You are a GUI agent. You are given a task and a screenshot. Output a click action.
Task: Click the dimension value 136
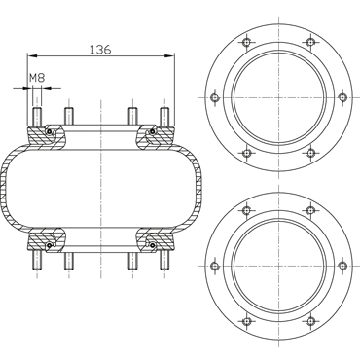(x=100, y=50)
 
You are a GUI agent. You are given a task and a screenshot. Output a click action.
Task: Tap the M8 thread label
(x=37, y=78)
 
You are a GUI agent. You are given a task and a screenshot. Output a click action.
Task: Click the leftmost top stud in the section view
(x=36, y=117)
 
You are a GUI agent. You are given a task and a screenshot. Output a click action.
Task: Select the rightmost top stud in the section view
(x=164, y=117)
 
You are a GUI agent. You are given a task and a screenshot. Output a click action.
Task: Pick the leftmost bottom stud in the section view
(x=36, y=261)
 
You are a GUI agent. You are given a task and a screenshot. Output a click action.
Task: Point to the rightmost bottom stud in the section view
(x=164, y=261)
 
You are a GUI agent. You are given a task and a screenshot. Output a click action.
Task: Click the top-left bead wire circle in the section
(x=50, y=131)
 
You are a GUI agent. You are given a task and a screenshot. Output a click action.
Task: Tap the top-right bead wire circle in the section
(x=152, y=131)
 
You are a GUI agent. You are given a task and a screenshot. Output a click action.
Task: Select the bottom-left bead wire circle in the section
(x=50, y=246)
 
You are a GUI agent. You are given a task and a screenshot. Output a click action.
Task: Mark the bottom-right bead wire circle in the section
(x=152, y=246)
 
